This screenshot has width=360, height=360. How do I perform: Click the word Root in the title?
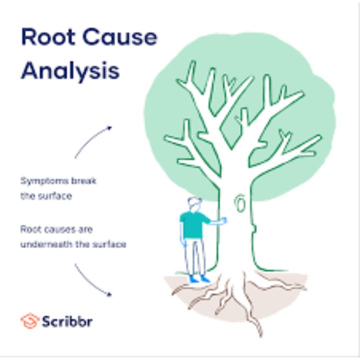coord(48,36)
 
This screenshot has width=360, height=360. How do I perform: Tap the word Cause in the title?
coord(120,36)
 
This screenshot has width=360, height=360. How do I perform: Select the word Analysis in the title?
coord(70,70)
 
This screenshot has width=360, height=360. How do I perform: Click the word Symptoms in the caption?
coord(44,181)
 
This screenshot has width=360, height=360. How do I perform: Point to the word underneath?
coord(46,244)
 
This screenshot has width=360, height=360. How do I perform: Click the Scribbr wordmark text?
coord(67,321)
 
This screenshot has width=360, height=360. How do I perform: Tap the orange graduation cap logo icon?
coord(29,320)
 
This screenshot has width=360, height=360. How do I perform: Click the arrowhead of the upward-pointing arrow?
coord(109,128)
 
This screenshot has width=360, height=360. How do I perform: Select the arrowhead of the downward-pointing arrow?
coord(109,294)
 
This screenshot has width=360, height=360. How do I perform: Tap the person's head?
coord(194,204)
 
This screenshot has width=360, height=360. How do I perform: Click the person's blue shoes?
coord(199,279)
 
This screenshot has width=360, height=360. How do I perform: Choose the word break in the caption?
coord(83,181)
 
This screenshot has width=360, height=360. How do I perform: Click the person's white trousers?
coord(194,256)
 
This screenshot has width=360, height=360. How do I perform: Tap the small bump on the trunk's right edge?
coord(254,229)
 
